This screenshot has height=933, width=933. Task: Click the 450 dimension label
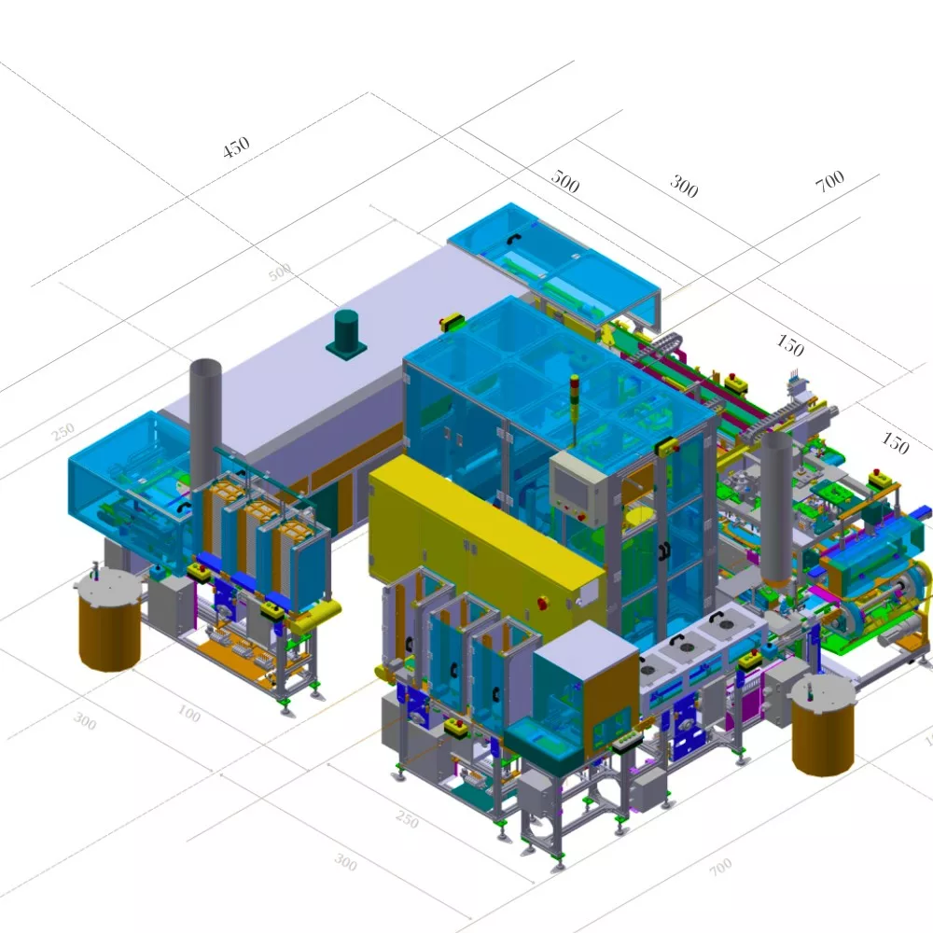pyautogui.click(x=236, y=146)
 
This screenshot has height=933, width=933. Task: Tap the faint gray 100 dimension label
pyautogui.click(x=188, y=715)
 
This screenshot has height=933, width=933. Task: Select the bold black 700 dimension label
pyautogui.click(x=829, y=181)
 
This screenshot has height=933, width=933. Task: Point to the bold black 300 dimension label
pyautogui.click(x=684, y=187)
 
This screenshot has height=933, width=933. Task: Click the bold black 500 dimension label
pyautogui.click(x=564, y=181)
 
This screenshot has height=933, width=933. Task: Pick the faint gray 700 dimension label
pyautogui.click(x=720, y=868)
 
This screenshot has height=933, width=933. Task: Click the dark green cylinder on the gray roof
pyautogui.click(x=347, y=332)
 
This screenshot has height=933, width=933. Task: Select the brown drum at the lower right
pyautogui.click(x=824, y=728)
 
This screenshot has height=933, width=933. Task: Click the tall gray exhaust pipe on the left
pyautogui.click(x=205, y=420)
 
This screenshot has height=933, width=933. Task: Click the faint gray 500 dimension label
pyautogui.click(x=280, y=272)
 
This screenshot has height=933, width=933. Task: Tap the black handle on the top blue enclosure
pyautogui.click(x=512, y=240)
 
